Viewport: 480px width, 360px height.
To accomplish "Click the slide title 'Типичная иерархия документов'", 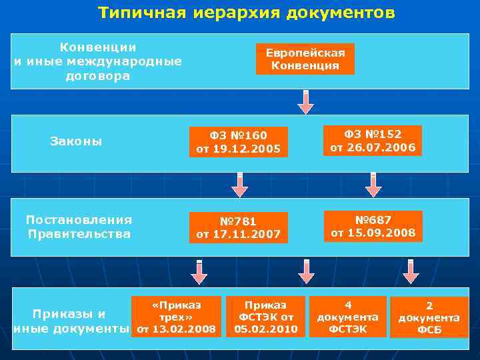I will click(x=246, y=13).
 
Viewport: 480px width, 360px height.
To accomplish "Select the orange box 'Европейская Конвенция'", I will click(x=305, y=59).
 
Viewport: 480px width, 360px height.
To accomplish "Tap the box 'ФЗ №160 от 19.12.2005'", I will click(x=238, y=142).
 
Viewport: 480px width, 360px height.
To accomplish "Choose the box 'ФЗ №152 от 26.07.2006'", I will click(x=373, y=141).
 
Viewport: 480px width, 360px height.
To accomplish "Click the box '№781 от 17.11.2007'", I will click(x=238, y=227).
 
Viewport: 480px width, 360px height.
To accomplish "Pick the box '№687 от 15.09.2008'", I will click(x=373, y=226).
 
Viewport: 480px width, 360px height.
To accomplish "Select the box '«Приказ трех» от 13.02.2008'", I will click(x=177, y=316).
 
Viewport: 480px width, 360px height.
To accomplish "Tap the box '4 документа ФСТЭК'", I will click(x=347, y=316).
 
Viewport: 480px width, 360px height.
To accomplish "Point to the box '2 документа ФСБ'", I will click(x=429, y=317).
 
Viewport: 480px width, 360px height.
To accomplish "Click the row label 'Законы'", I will click(x=76, y=141).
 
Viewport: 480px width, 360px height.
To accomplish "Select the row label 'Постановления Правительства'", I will click(x=79, y=227).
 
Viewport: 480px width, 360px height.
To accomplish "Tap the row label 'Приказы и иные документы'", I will click(x=70, y=321).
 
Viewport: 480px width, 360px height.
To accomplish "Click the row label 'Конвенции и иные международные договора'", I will click(x=98, y=61).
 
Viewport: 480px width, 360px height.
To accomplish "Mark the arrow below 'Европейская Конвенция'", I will click(x=306, y=101).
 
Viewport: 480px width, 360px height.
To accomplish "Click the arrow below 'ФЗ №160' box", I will click(x=239, y=185).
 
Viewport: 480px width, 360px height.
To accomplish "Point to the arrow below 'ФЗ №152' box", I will click(x=373, y=185).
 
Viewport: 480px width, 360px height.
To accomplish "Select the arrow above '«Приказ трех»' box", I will click(x=199, y=271).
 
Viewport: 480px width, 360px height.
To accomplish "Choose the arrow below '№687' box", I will click(x=411, y=271).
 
